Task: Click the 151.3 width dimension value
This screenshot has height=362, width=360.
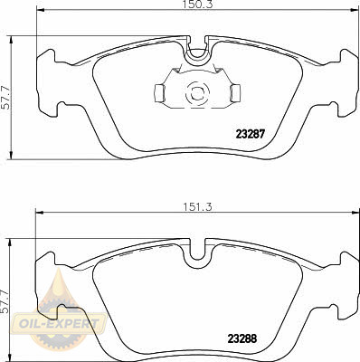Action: [x=198, y=207]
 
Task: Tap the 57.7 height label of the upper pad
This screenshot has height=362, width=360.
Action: [x=5, y=98]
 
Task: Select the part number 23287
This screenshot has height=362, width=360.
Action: [x=250, y=134]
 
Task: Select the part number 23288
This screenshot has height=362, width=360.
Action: [x=242, y=338]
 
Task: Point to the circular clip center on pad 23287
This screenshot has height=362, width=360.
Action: [x=197, y=93]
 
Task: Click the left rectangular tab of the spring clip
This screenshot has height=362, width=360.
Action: [x=159, y=92]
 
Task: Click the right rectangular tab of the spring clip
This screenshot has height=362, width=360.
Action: [x=235, y=92]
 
